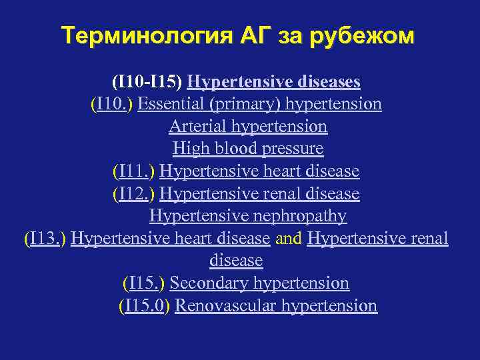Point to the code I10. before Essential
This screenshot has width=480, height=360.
pos(113,104)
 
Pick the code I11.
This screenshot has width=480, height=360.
pos(135,171)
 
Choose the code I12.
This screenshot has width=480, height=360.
pos(135,194)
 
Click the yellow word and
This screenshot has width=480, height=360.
pos(289,239)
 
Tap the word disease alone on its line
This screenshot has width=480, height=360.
pos(236,261)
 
